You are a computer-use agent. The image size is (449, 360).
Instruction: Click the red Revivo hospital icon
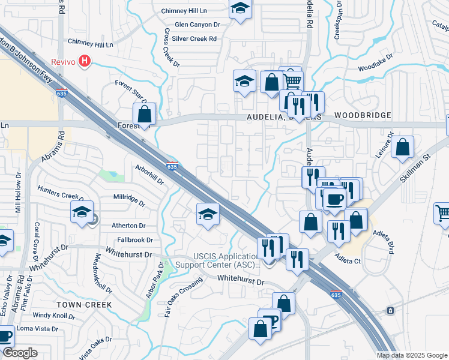[85, 61]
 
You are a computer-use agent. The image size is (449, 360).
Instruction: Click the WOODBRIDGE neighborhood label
[363, 115]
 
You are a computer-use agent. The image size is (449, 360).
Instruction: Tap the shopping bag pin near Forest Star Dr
[145, 114]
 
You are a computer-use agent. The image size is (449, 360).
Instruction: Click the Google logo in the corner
[20, 353]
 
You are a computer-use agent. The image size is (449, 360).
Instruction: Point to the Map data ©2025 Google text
[412, 355]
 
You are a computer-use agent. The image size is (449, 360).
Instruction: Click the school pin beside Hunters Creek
[82, 212]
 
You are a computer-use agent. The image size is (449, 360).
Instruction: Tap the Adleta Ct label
[348, 262]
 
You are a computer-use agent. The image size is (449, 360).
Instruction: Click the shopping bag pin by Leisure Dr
[402, 147]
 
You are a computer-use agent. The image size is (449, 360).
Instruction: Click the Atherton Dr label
[128, 226]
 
